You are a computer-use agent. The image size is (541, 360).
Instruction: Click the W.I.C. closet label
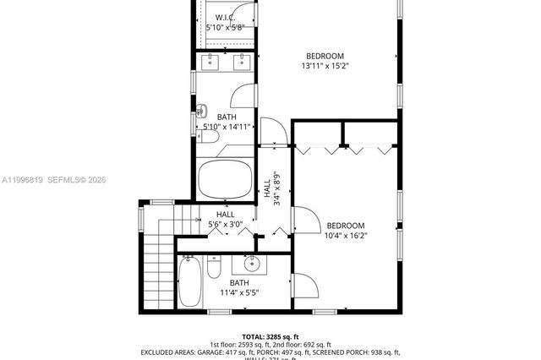click(224, 19)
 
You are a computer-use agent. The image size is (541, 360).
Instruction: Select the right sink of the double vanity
click(243, 61)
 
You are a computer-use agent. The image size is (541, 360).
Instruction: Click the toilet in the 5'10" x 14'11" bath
click(210, 136)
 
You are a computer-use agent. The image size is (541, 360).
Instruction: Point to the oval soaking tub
click(226, 179)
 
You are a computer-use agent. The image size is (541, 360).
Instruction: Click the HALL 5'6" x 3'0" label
click(225, 220)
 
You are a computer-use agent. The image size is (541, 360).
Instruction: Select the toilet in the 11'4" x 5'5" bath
click(214, 268)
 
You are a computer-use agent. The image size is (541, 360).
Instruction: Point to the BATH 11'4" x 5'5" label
click(239, 287)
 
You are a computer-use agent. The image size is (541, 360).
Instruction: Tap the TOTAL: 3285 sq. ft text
click(270, 335)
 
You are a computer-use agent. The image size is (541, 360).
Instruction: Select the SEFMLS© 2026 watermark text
click(77, 179)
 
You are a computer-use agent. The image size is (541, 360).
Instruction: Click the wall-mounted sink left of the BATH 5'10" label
click(201, 110)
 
